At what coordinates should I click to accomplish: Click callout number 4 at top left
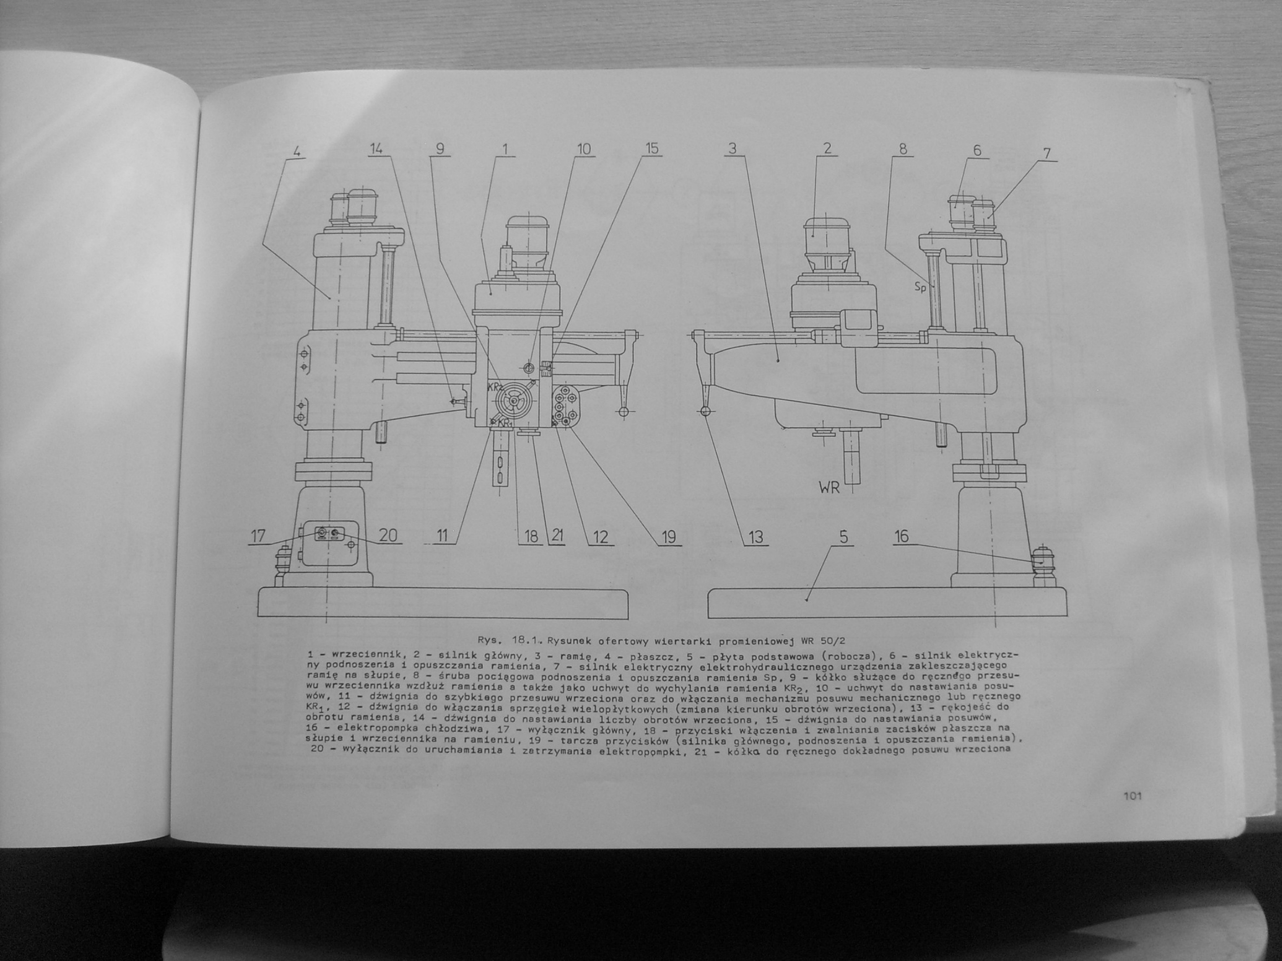click(296, 151)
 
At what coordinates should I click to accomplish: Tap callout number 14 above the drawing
click(375, 149)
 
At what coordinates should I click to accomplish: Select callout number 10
click(583, 149)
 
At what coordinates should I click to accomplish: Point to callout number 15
click(652, 149)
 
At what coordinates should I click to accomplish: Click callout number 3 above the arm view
click(733, 149)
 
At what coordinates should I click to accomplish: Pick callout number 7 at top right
click(1047, 154)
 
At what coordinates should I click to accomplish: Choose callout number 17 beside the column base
click(257, 536)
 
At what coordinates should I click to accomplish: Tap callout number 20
click(389, 535)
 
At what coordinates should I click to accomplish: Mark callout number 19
click(668, 537)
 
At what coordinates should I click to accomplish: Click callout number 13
click(756, 537)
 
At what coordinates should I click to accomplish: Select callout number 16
click(902, 536)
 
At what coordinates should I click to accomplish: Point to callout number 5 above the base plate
click(844, 537)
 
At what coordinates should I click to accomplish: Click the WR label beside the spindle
click(829, 487)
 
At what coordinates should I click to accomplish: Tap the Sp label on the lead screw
click(921, 286)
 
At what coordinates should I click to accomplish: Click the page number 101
click(1132, 796)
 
